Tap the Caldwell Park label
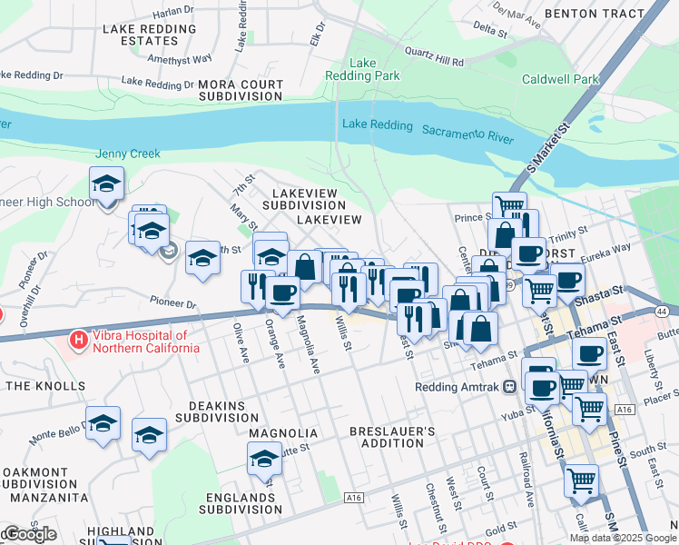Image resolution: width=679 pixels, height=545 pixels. [560, 80]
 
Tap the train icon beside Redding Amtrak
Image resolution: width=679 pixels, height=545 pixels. [510, 386]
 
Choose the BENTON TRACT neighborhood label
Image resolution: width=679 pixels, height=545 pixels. [595, 15]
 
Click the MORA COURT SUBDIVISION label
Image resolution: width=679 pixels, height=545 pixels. [241, 90]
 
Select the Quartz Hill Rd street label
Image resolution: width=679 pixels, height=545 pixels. [434, 57]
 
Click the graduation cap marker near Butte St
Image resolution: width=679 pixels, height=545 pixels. [264, 459]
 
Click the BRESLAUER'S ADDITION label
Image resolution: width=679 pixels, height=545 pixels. [399, 436]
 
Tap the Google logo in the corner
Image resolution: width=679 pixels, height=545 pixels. [29, 534]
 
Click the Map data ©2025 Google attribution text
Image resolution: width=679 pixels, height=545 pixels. [624, 538]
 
